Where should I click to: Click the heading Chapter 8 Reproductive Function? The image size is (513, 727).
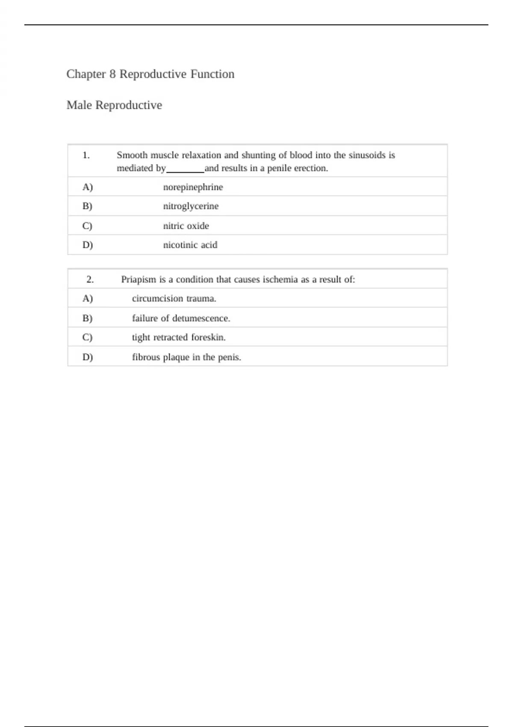(150, 74)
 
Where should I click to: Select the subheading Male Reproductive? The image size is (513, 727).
(114, 105)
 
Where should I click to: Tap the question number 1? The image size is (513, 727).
(86, 155)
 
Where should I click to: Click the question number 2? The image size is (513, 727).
(90, 280)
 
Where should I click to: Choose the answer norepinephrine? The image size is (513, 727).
(193, 187)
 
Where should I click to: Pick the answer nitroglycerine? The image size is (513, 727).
(191, 206)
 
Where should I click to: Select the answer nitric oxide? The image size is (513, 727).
(186, 226)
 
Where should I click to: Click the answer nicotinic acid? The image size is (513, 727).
(190, 245)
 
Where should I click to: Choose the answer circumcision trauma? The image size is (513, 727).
(174, 298)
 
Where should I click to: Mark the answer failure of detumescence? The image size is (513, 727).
(181, 318)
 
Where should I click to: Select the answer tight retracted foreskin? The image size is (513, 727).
(179, 337)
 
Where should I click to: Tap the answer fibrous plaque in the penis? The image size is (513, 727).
(186, 357)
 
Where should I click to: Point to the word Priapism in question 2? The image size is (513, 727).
(139, 280)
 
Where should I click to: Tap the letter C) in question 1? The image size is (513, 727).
(87, 226)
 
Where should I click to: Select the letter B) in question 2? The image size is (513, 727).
(87, 318)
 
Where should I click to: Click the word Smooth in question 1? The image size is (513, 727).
(132, 155)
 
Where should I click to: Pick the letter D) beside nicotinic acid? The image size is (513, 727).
(87, 245)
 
